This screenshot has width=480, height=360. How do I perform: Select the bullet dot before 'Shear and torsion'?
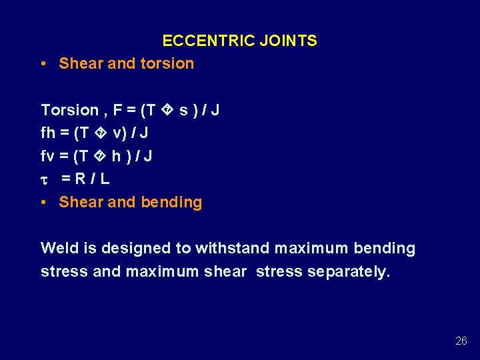[43, 64]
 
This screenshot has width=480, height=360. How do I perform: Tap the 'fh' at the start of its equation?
[48, 133]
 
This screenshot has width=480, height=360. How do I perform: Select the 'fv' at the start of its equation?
[48, 156]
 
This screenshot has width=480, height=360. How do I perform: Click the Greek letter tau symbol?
[45, 179]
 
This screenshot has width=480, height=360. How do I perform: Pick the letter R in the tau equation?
[79, 179]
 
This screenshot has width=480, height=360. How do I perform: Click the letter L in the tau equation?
[105, 179]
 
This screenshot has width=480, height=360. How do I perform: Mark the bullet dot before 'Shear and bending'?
[43, 202]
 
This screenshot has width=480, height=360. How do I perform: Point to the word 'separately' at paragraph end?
[348, 272]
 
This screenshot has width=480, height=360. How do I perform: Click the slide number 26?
[461, 341]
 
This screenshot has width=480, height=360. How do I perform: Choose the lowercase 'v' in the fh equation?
[117, 133]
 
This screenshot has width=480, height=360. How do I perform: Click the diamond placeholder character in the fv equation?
[101, 156]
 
